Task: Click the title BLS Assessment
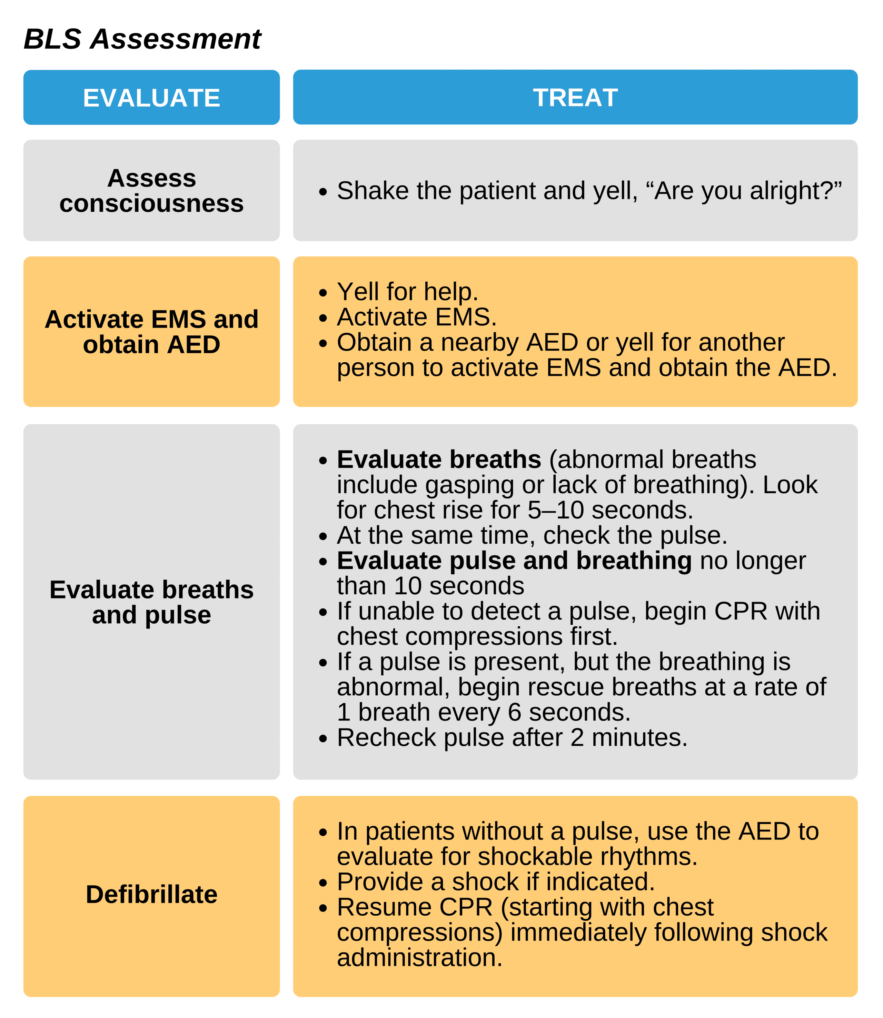click(x=142, y=39)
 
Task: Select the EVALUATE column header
click(x=151, y=98)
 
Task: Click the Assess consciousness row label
click(x=151, y=191)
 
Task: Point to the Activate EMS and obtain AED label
click(x=151, y=331)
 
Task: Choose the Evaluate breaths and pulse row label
click(x=151, y=602)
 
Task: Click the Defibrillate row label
click(x=151, y=894)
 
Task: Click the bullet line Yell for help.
click(x=407, y=292)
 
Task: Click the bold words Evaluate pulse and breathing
click(x=514, y=561)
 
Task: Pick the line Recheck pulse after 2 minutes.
click(x=512, y=737)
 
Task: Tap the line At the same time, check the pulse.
click(x=532, y=535)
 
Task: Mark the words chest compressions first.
click(x=477, y=636)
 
